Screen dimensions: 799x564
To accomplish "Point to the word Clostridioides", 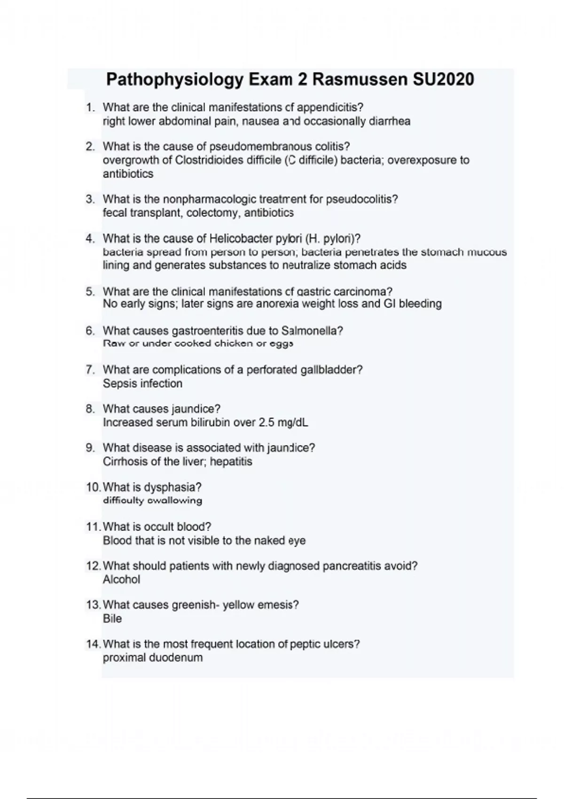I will [x=227, y=160].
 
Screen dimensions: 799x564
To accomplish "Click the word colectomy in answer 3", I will [x=212, y=213].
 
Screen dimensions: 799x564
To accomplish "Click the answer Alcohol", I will [x=121, y=580].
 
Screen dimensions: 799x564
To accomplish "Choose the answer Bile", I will [x=112, y=619].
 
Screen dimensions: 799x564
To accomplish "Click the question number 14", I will [x=93, y=644].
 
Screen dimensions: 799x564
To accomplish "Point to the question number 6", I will [x=90, y=331].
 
